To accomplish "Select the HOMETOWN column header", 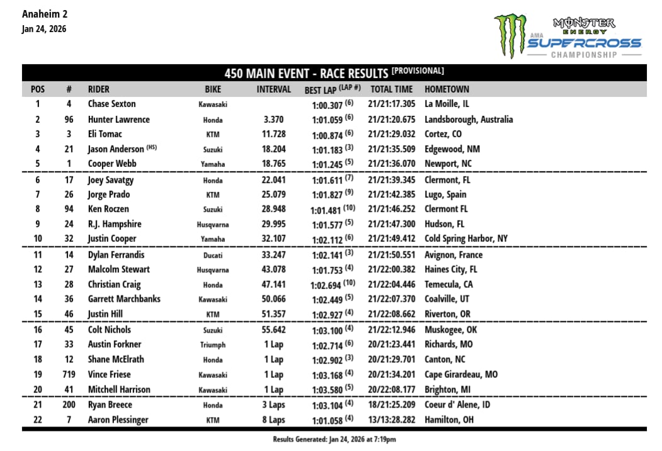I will (x=447, y=89).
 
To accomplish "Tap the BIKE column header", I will (x=213, y=89).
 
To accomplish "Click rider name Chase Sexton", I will (x=111, y=104).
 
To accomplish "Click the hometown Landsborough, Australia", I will (x=469, y=120).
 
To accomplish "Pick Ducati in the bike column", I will (x=213, y=256).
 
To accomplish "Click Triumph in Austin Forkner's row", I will (x=213, y=345).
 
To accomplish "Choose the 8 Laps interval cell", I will (x=274, y=420).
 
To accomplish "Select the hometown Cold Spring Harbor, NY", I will (x=465, y=239).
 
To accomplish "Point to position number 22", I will (x=37, y=420).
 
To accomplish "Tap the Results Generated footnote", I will (x=334, y=439).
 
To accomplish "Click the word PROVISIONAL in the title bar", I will (x=418, y=71).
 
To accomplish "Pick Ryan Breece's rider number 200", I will (x=69, y=405).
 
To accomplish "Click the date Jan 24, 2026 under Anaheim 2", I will (x=43, y=29).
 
